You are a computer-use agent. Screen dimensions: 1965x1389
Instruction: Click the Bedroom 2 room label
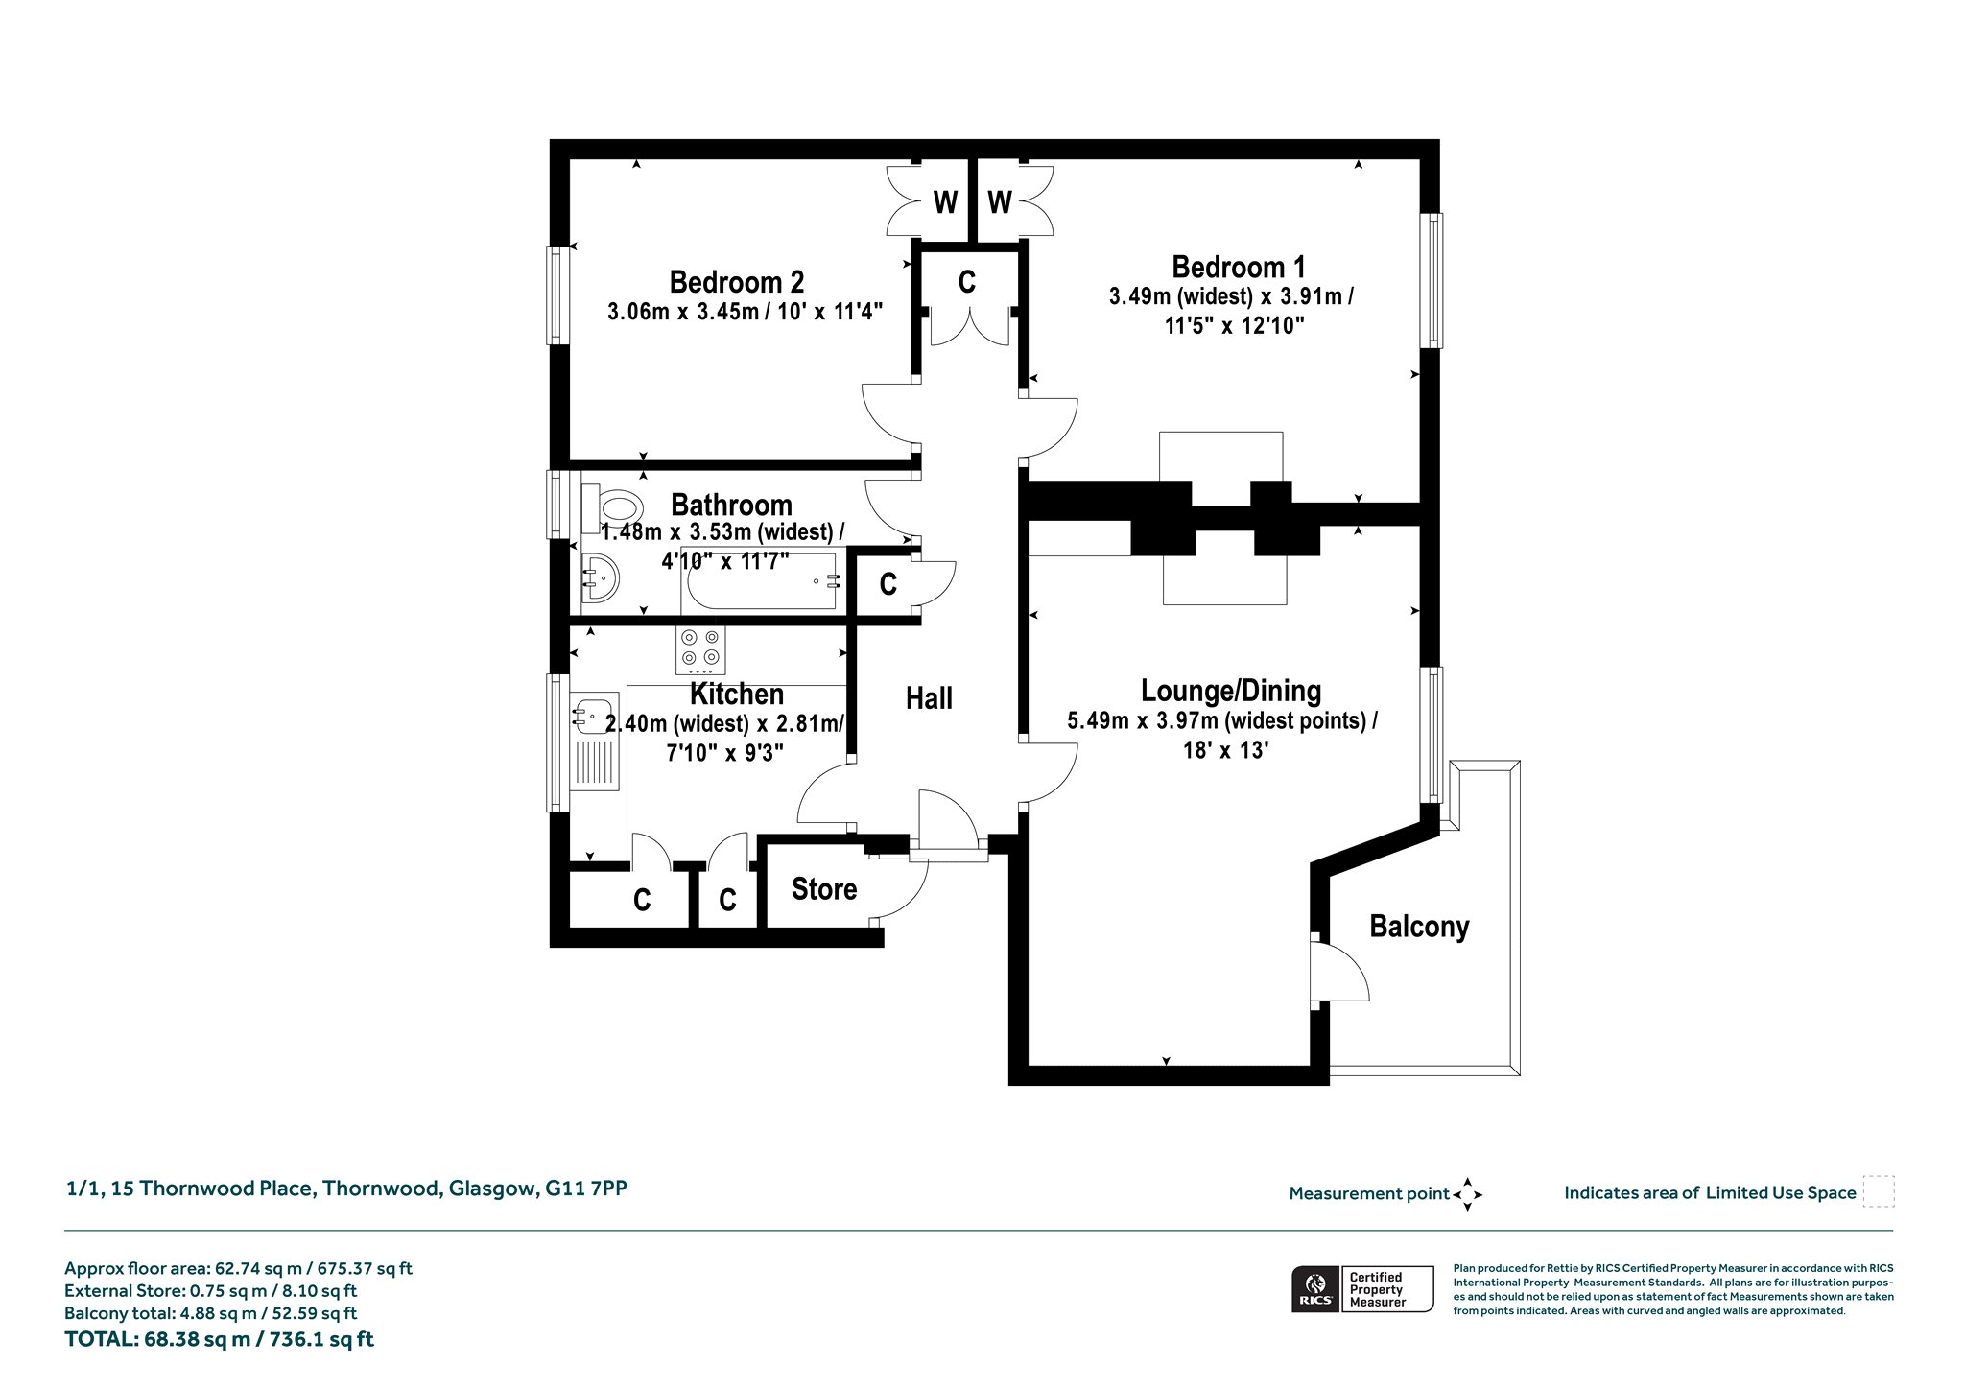click(736, 282)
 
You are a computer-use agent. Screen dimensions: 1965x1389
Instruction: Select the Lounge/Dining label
click(1231, 691)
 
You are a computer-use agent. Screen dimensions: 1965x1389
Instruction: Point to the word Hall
click(929, 698)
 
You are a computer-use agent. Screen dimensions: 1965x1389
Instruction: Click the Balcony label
click(1419, 927)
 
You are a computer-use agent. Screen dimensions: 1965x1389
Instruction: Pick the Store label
click(824, 889)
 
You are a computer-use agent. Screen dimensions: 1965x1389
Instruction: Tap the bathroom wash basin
click(601, 578)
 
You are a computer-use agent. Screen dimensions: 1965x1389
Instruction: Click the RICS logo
click(1315, 1288)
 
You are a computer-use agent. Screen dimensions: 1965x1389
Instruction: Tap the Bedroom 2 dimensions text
click(745, 311)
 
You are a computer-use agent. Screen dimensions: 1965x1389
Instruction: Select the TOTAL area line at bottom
click(219, 1339)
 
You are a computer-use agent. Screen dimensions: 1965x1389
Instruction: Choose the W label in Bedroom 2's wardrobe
click(945, 202)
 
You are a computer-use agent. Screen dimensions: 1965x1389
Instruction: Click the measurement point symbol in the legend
click(1467, 1194)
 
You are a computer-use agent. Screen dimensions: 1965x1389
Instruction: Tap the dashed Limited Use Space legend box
click(1879, 1191)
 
